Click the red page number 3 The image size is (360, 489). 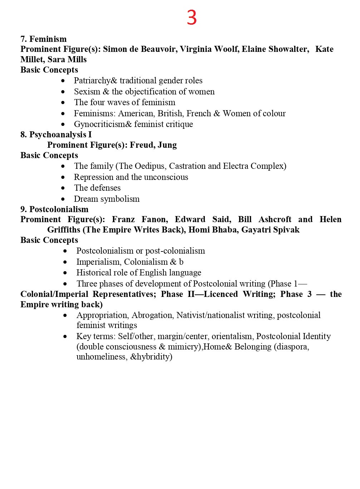(192, 18)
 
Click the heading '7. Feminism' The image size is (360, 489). (44, 39)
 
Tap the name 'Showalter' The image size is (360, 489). (289, 49)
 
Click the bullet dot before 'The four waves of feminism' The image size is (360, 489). (63, 103)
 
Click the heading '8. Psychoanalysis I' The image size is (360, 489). (56, 135)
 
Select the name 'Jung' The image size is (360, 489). (167, 145)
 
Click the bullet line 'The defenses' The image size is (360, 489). (97, 188)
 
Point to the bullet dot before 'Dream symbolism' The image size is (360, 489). (63, 199)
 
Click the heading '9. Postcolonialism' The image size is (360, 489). (54, 209)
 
